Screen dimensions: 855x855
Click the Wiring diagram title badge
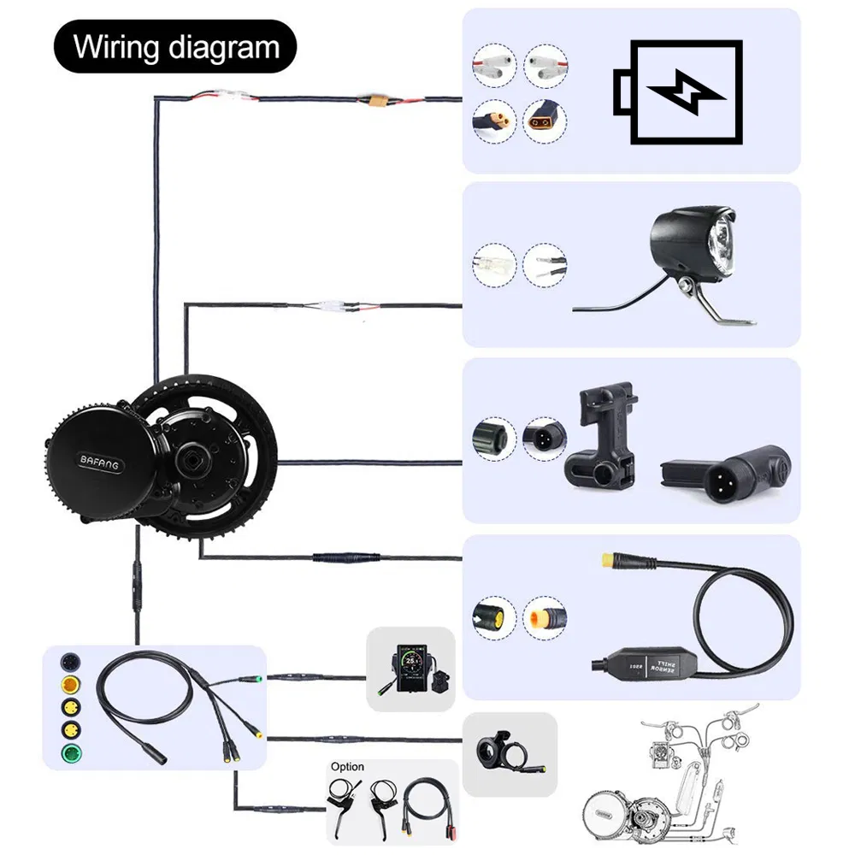click(176, 46)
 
